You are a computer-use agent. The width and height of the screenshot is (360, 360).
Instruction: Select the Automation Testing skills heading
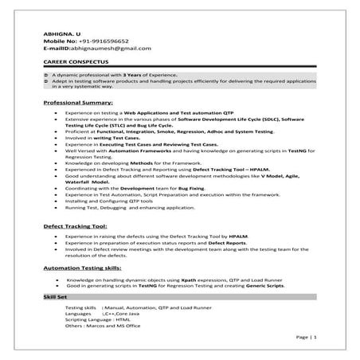pos(92,271)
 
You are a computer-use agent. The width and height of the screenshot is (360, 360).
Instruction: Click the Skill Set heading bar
pos(57,298)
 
